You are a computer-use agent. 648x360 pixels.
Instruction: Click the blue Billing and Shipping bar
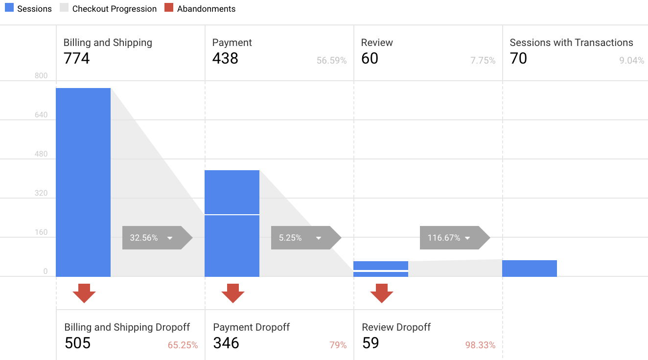coord(83,182)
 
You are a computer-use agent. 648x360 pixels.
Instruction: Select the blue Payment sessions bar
coord(232,223)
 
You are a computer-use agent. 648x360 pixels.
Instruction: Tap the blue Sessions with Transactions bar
coord(530,269)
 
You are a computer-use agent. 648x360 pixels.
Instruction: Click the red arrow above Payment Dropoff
coord(233,292)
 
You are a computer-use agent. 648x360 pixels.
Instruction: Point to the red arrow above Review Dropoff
coord(382,292)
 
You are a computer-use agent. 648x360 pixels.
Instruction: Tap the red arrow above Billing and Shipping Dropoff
coord(84,292)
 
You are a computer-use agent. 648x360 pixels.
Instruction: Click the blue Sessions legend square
coord(9,8)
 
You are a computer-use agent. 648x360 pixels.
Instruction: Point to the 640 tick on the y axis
coord(41,115)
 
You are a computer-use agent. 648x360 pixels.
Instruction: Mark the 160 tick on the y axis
coord(41,232)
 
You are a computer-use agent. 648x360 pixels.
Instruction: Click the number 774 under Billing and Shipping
coord(77,59)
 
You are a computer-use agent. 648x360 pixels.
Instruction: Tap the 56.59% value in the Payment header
coord(331,61)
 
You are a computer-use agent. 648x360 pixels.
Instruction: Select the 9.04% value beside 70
coord(631,61)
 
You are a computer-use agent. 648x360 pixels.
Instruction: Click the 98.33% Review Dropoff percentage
coord(480,345)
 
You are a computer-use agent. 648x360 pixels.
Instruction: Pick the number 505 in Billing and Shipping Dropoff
coord(77,343)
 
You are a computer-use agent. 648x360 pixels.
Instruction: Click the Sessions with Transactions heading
coord(571,43)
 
